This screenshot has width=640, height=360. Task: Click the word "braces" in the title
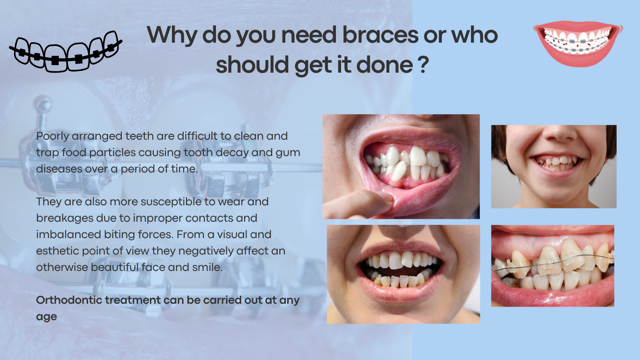coord(380,35)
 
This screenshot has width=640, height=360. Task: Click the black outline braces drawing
coord(66,51)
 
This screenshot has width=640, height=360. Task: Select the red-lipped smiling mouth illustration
coord(578,44)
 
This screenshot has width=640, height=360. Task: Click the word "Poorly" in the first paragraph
coord(52,136)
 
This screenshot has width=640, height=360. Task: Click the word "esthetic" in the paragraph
coord(58,251)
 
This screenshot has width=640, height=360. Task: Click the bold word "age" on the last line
coord(46,317)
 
